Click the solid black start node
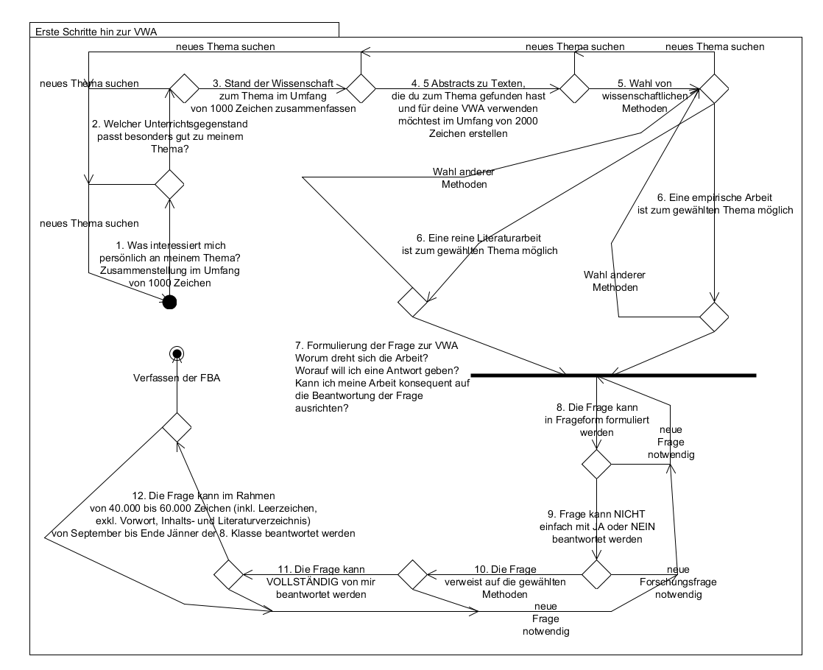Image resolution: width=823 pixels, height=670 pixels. coord(169,302)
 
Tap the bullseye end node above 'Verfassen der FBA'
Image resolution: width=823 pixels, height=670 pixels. coord(176,354)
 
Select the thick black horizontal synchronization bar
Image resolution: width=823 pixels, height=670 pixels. coord(612,375)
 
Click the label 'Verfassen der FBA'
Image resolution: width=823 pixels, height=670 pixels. coord(177,378)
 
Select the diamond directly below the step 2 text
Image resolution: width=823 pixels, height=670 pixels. coord(169,183)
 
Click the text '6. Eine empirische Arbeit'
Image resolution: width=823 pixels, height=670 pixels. coord(714,197)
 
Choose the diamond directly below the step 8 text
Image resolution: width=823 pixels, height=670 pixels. coord(596,464)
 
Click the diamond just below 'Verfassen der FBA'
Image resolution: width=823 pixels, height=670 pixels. coord(177,426)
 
